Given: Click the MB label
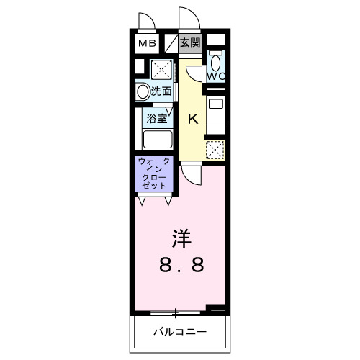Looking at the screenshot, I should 147,43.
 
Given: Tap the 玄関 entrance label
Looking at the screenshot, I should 191,42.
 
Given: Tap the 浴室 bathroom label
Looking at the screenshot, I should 157,117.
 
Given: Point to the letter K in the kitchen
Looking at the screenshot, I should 193,120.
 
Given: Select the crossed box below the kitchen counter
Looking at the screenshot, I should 215,150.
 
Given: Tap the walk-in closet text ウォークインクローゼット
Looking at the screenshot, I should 155,174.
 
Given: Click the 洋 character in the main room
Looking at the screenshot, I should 181,238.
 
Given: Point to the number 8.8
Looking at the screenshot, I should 181,264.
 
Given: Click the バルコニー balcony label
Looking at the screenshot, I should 180,332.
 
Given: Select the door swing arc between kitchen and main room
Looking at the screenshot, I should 191,173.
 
